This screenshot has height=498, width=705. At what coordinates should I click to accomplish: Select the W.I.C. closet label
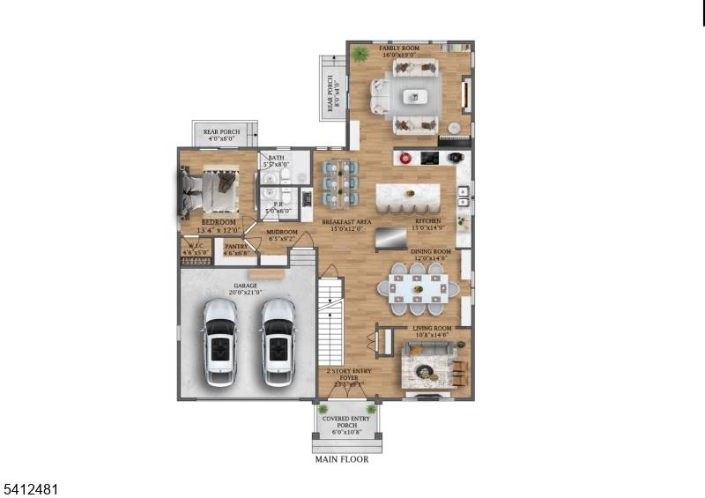[195, 248]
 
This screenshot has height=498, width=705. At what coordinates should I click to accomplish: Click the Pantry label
[236, 249]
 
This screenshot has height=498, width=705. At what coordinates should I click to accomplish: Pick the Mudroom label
[283, 235]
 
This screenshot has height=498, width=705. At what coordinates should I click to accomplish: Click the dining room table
[419, 287]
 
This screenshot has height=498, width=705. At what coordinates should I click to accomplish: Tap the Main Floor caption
[342, 459]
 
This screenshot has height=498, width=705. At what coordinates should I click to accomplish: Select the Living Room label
[432, 331]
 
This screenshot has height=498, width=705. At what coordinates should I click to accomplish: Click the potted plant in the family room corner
[360, 55]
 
